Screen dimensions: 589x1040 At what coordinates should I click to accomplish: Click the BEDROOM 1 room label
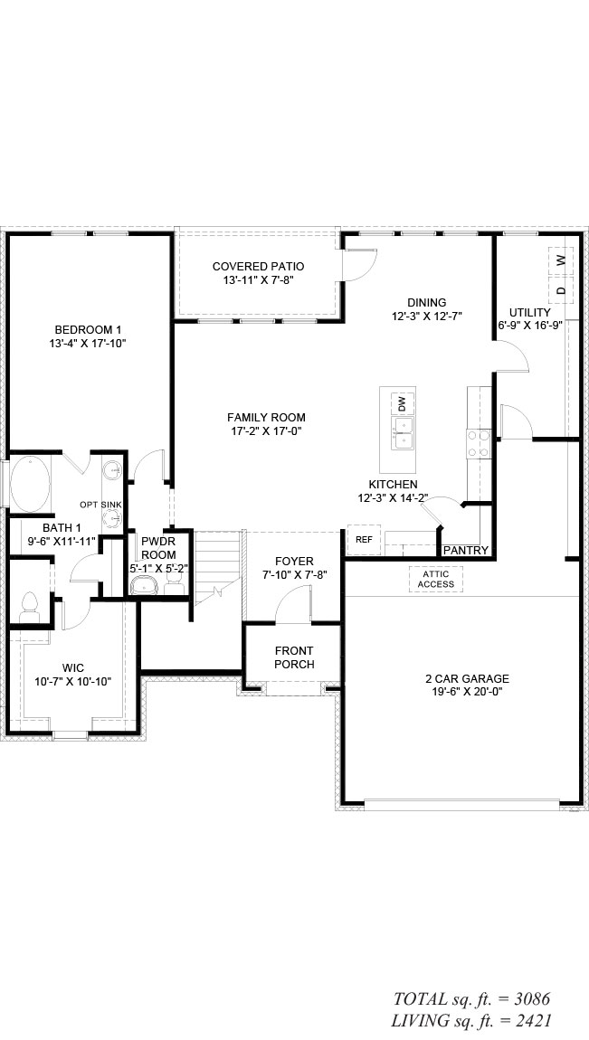pyautogui.click(x=88, y=330)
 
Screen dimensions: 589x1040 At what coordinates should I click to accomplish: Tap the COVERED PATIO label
pyautogui.click(x=258, y=267)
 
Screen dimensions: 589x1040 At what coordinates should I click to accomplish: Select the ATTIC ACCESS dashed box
pyautogui.click(x=436, y=579)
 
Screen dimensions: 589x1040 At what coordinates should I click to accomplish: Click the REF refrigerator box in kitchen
pyautogui.click(x=364, y=540)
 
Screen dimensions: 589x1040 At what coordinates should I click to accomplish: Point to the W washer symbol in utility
pyautogui.click(x=561, y=260)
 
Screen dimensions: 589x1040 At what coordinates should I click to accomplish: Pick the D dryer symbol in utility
pyautogui.click(x=561, y=290)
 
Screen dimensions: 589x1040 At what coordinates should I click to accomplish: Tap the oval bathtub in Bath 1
pyautogui.click(x=30, y=484)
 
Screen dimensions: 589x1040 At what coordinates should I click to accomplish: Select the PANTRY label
pyautogui.click(x=466, y=551)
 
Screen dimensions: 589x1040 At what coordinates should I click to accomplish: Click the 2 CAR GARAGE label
pyautogui.click(x=467, y=678)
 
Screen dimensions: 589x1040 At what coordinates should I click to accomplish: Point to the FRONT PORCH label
pyautogui.click(x=294, y=657)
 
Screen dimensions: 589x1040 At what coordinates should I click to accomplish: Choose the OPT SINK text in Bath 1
pyautogui.click(x=100, y=505)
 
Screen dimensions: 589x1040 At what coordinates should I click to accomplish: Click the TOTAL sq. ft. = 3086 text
pyautogui.click(x=471, y=999)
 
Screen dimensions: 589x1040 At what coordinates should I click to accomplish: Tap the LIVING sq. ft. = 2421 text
pyautogui.click(x=470, y=1021)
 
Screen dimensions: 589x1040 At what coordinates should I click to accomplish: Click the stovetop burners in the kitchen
pyautogui.click(x=479, y=444)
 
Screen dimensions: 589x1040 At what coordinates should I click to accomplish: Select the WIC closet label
pyautogui.click(x=73, y=668)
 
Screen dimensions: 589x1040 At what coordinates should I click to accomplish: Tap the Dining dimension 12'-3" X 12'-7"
pyautogui.click(x=426, y=317)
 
